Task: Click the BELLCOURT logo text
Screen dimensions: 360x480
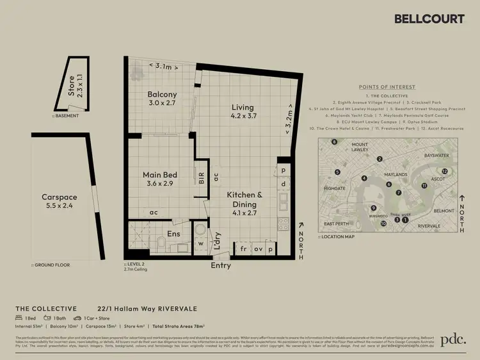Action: click(428, 19)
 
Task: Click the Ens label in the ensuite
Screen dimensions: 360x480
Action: click(173, 234)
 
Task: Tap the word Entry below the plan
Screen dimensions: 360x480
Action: click(221, 265)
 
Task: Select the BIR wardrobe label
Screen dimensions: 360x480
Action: click(202, 176)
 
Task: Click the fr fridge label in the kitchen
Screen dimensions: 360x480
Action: click(243, 248)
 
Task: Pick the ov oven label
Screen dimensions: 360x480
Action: click(258, 248)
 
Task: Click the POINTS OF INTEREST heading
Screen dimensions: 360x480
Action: click(388, 87)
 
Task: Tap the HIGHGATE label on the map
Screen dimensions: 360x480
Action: click(334, 189)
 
